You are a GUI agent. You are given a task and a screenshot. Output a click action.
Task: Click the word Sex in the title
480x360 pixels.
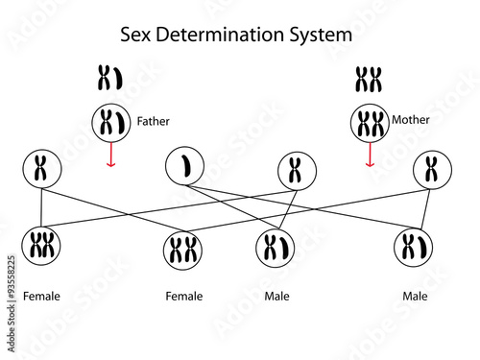click(135, 35)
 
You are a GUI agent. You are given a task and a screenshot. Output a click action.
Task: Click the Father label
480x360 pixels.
click(154, 122)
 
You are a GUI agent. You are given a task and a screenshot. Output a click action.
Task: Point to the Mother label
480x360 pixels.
click(411, 120)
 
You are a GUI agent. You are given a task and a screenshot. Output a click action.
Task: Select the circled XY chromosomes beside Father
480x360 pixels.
click(110, 123)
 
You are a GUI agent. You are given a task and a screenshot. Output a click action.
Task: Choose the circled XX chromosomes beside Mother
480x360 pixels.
click(370, 123)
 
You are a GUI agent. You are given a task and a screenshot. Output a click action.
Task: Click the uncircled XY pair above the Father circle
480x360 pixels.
click(110, 78)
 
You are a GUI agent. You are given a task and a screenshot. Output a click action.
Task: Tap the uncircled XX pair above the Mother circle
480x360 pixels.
click(370, 78)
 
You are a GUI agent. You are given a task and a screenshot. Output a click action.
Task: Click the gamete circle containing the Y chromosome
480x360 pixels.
click(183, 168)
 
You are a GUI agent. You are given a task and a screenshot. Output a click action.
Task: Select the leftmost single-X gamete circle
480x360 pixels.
click(40, 169)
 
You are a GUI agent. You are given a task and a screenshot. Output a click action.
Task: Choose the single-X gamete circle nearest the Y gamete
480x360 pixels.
click(296, 170)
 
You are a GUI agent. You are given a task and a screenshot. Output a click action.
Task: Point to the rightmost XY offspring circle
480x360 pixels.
click(415, 247)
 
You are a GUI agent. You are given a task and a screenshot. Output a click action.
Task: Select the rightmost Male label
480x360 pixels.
click(415, 296)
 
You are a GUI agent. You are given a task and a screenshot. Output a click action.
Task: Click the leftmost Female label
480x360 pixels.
click(41, 296)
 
